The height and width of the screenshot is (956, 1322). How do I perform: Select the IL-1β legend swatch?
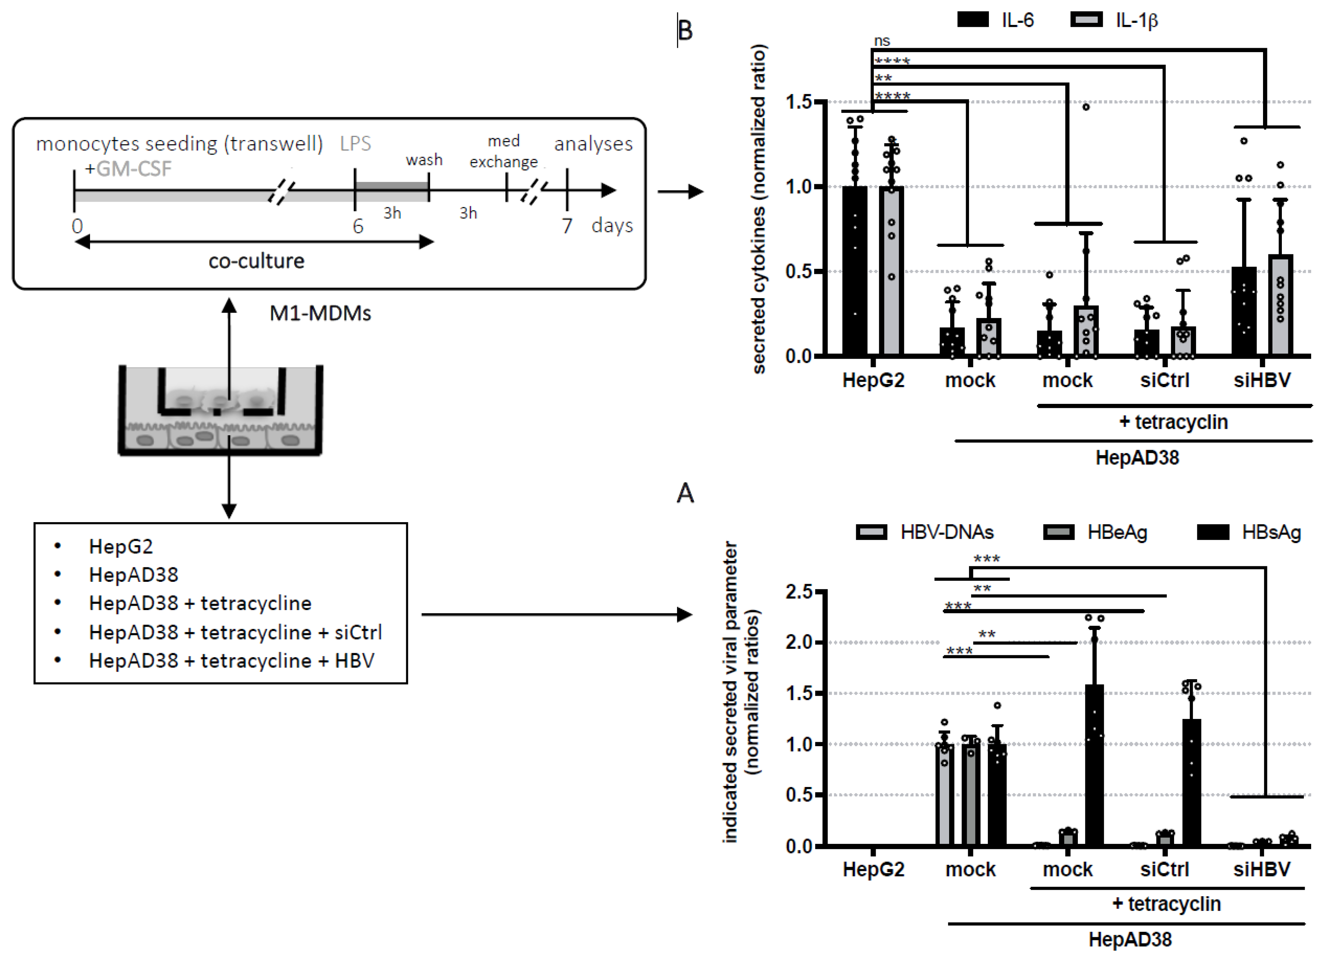coord(1087,20)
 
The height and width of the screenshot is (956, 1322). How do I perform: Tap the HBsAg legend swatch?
coord(1213,532)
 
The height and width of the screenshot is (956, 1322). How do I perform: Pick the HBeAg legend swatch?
coord(1058,532)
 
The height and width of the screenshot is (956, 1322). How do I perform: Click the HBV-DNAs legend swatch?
coord(871,532)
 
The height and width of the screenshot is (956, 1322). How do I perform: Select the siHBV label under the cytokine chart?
coord(1262,380)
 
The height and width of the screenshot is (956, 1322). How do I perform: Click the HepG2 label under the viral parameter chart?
coord(873,869)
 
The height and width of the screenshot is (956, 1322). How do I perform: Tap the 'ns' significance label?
coord(882,41)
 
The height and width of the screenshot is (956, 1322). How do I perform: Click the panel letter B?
coord(685,30)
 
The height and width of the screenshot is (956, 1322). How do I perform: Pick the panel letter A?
coord(685,494)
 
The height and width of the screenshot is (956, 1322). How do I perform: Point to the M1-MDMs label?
coord(320,313)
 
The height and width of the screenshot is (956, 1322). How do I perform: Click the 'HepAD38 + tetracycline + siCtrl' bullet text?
coord(235,632)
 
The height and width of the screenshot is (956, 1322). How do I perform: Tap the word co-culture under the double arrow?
coord(256,261)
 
